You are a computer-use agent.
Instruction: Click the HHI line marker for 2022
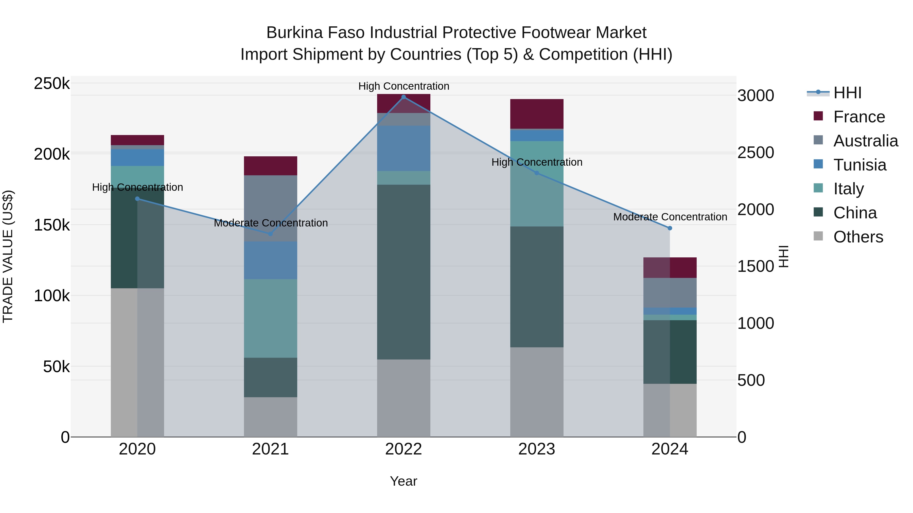(x=403, y=97)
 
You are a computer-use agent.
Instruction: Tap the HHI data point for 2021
(x=270, y=234)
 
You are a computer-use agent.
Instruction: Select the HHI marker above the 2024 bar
(x=670, y=228)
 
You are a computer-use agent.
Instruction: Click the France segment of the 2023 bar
(x=537, y=114)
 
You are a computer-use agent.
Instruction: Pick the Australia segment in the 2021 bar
(x=270, y=208)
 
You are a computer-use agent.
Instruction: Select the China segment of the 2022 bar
(x=403, y=272)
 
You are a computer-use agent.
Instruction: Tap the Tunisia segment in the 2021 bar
(x=270, y=260)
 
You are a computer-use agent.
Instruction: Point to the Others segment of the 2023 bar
(x=537, y=392)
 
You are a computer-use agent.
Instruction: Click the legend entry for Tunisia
(x=859, y=165)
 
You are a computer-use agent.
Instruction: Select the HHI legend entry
(x=847, y=93)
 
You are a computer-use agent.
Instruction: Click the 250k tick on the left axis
(x=52, y=84)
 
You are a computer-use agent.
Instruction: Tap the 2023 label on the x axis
(x=537, y=449)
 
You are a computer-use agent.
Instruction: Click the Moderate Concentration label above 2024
(x=670, y=217)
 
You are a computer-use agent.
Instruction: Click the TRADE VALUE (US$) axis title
(x=8, y=256)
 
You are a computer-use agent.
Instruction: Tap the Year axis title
(x=403, y=481)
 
